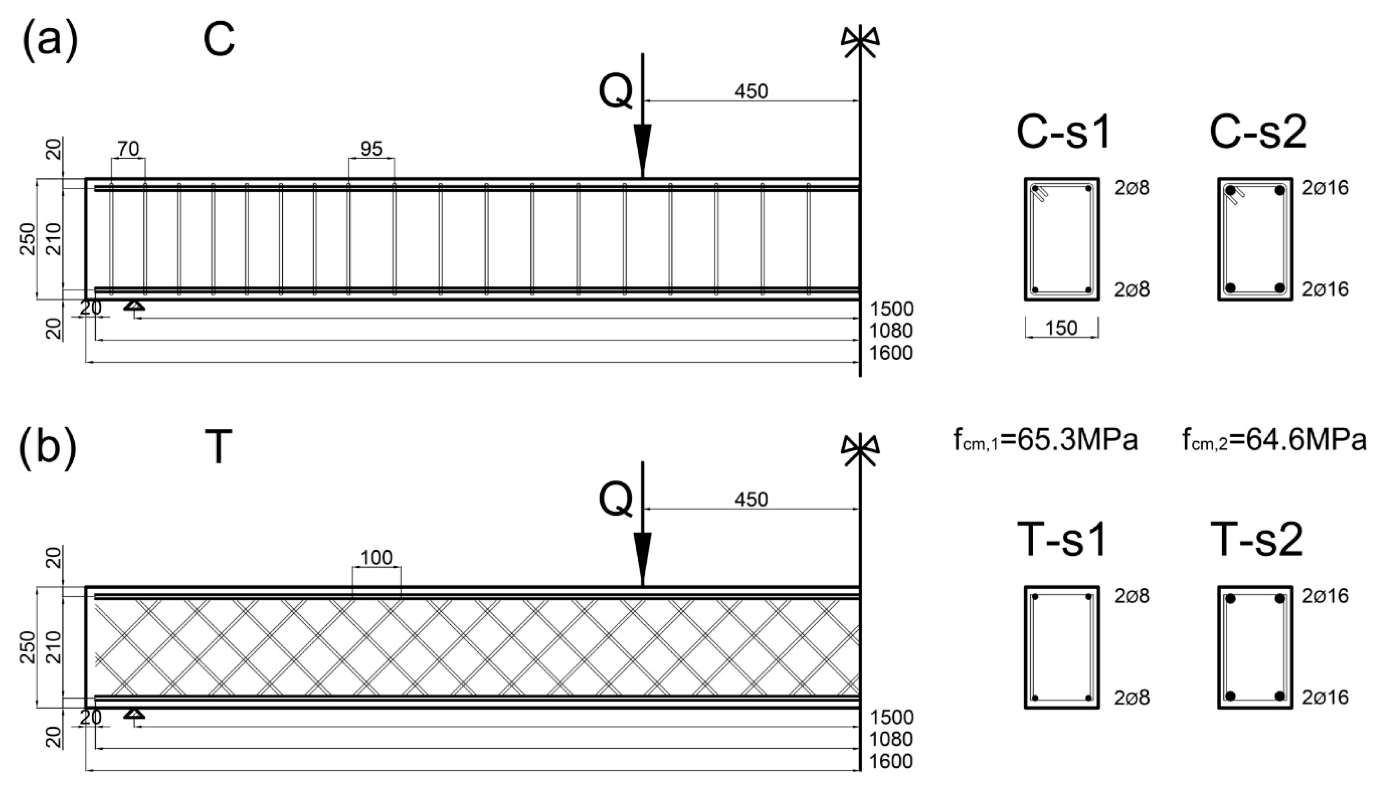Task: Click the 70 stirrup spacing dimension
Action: (x=129, y=149)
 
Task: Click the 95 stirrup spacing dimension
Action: (x=371, y=149)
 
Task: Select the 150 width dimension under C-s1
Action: (x=1061, y=328)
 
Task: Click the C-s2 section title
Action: (x=1258, y=133)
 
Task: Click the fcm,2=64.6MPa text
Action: (x=1274, y=440)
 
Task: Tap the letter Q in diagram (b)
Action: (x=616, y=499)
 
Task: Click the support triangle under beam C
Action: (x=134, y=306)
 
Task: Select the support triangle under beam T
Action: (x=134, y=713)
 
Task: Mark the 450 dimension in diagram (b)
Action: (x=751, y=499)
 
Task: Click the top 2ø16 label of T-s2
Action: (x=1325, y=596)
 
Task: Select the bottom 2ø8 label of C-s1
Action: (x=1132, y=290)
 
